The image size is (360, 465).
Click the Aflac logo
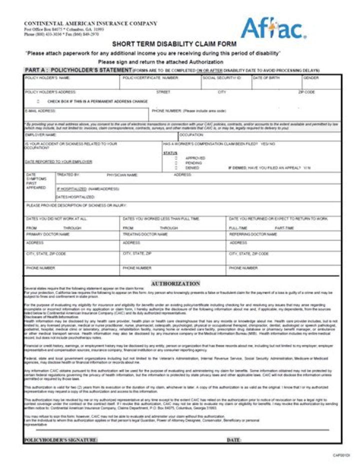pyautogui.click(x=273, y=28)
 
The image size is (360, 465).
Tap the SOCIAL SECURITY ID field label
pyautogui.click(x=222, y=78)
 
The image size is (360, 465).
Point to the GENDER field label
pyautogui.click(x=311, y=78)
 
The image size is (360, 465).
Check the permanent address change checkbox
pyautogui.click(x=39, y=101)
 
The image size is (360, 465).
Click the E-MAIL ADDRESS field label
pyautogui.click(x=40, y=110)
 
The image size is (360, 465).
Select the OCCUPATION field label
pyautogui.click(x=191, y=134)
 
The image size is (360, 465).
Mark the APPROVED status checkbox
pyautogui.click(x=176, y=158)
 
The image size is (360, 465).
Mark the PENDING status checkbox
pyautogui.click(x=176, y=163)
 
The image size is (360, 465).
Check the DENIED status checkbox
pyautogui.click(x=176, y=168)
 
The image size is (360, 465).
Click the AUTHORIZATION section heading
pyautogui.click(x=175, y=283)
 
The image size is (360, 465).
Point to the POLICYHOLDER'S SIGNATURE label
pyautogui.click(x=60, y=440)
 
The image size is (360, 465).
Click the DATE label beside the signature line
pyautogui.click(x=234, y=440)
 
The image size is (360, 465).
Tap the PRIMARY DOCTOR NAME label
pyautogui.click(x=48, y=234)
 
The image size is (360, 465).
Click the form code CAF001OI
pyautogui.click(x=341, y=455)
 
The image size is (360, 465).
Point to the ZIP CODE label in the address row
pyautogui.click(x=306, y=92)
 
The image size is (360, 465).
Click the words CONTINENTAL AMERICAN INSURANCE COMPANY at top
pyautogui.click(x=90, y=23)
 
